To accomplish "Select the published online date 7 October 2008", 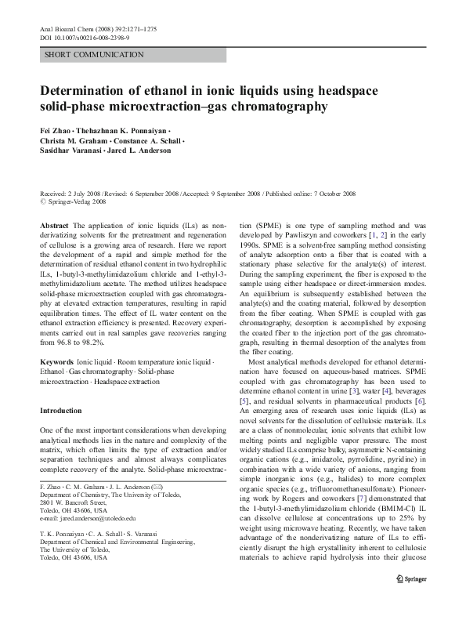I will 330,193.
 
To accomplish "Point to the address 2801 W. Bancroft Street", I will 74,502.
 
